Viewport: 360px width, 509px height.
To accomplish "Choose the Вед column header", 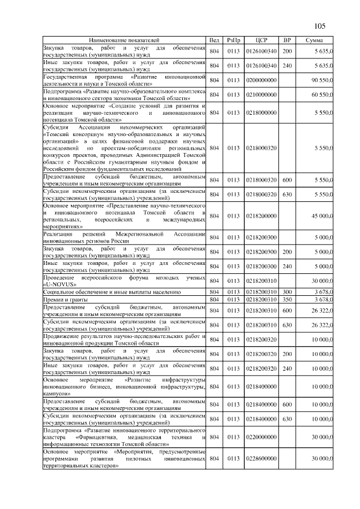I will coord(214,40).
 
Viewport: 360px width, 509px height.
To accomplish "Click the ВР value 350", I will coord(287,300).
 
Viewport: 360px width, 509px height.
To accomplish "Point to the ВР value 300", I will coord(287,292).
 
